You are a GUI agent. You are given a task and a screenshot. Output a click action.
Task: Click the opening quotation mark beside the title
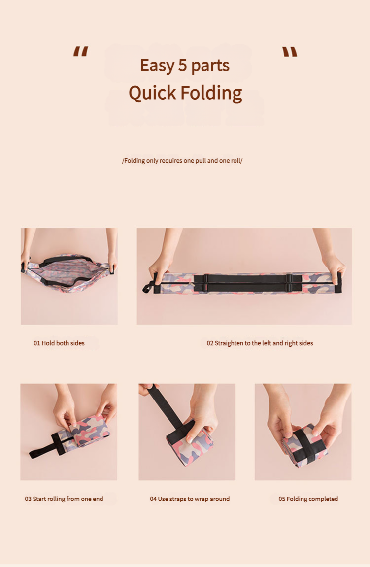click(x=80, y=52)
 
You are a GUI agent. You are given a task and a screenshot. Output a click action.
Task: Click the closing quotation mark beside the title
click(x=290, y=52)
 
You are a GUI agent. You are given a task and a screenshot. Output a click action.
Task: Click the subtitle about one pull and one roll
click(x=182, y=161)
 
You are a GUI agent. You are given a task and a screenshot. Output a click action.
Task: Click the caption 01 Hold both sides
click(x=59, y=343)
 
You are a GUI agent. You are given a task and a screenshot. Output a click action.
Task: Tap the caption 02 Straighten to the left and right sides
click(x=260, y=343)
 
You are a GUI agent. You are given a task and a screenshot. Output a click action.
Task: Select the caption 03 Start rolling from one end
click(x=64, y=499)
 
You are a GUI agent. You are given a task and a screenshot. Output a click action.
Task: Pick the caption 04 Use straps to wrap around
click(x=190, y=499)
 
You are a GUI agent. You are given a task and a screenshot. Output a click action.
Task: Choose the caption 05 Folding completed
click(x=308, y=499)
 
